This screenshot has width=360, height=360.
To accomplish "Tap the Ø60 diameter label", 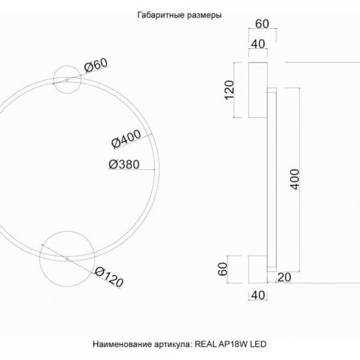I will click(96, 67).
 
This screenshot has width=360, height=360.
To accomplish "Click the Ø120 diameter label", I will click(108, 273).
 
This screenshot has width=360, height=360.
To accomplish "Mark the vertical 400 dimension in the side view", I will click(294, 180).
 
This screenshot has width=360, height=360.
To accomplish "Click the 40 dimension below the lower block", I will click(256, 296).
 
